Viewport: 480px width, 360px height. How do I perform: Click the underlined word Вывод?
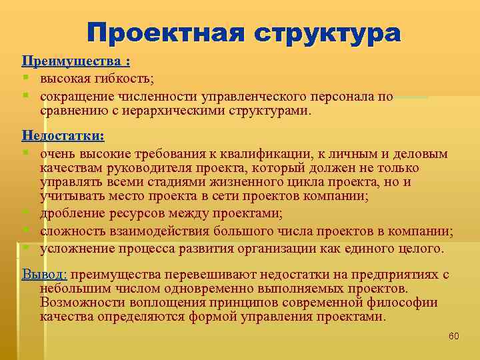[45, 274]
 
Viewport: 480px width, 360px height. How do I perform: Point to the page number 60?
[453, 335]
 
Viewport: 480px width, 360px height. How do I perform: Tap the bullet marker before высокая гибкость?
[26, 79]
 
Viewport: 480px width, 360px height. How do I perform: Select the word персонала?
[341, 97]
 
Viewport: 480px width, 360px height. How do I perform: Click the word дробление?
[70, 213]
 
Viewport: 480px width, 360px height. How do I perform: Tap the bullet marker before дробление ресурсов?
[26, 213]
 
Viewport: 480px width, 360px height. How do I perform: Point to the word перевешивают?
[207, 274]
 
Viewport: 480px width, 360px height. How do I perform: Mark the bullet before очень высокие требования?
[26, 154]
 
